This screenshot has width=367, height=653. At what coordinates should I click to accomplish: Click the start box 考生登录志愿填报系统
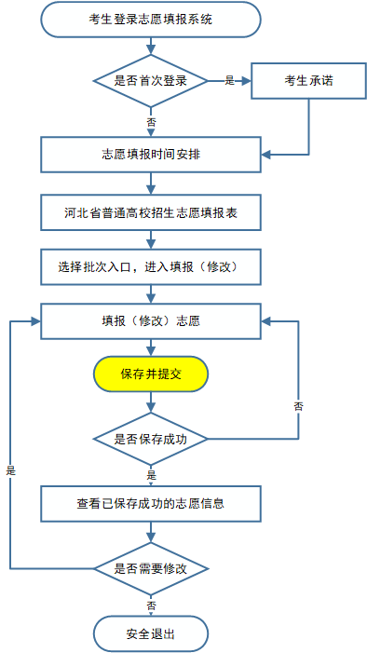(151, 20)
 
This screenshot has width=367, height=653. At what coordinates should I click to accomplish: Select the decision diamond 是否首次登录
(151, 81)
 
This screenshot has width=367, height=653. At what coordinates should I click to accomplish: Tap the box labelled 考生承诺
(308, 81)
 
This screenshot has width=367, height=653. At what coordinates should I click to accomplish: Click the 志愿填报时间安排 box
(151, 155)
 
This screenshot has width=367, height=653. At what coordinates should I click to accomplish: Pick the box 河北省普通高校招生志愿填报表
(151, 212)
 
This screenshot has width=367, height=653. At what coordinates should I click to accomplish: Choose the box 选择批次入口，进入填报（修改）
(151, 265)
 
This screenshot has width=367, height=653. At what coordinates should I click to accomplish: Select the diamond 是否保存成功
(151, 437)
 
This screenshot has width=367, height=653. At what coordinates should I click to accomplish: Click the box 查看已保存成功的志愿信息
(151, 504)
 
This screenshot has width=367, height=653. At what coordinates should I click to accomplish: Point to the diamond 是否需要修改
(151, 566)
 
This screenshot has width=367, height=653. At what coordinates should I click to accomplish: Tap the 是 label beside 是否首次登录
(230, 81)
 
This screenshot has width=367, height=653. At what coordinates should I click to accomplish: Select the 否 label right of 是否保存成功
(298, 406)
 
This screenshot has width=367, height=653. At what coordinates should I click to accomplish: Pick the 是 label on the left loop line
(11, 470)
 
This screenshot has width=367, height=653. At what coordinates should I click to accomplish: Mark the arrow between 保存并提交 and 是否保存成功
(151, 402)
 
